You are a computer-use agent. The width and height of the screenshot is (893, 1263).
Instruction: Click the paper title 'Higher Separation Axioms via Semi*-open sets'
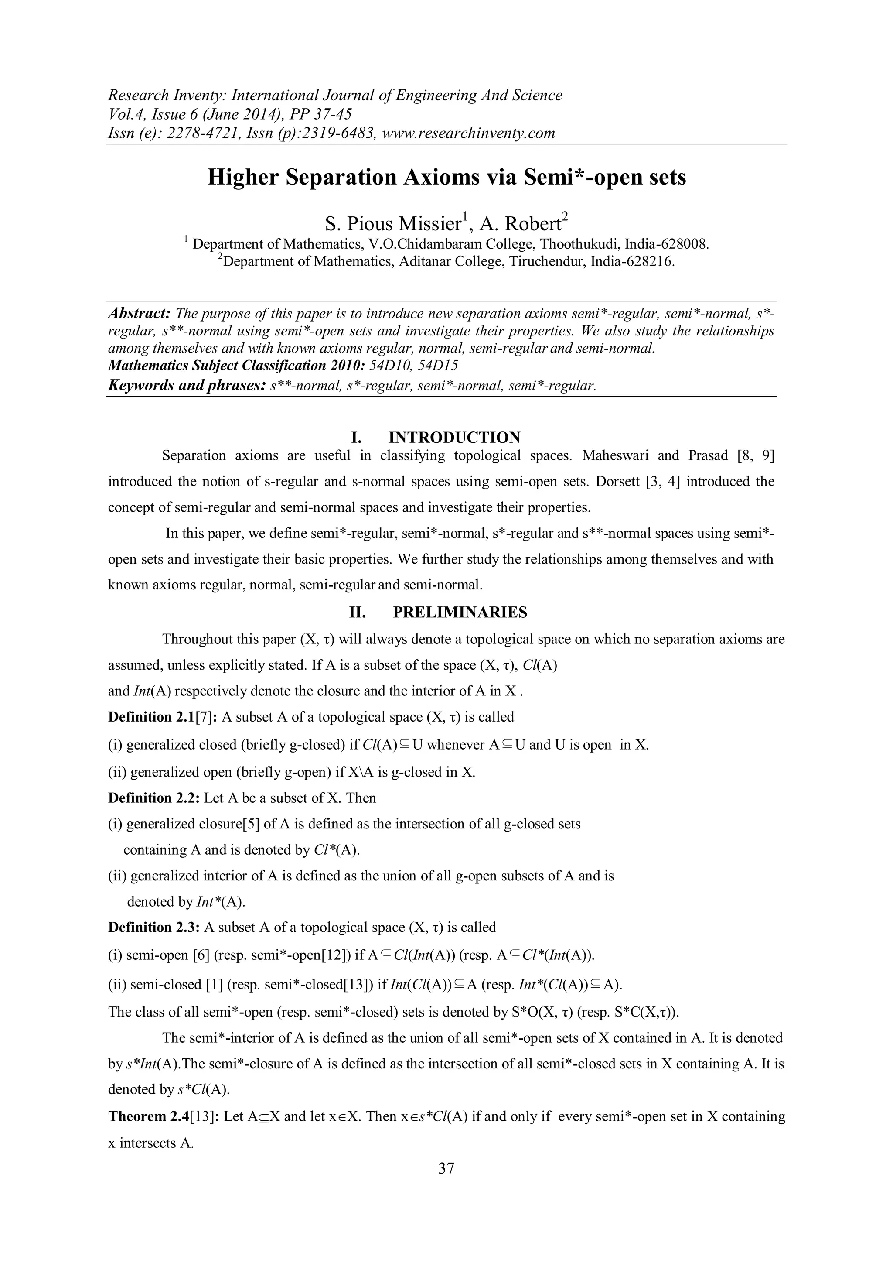point(446,178)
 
